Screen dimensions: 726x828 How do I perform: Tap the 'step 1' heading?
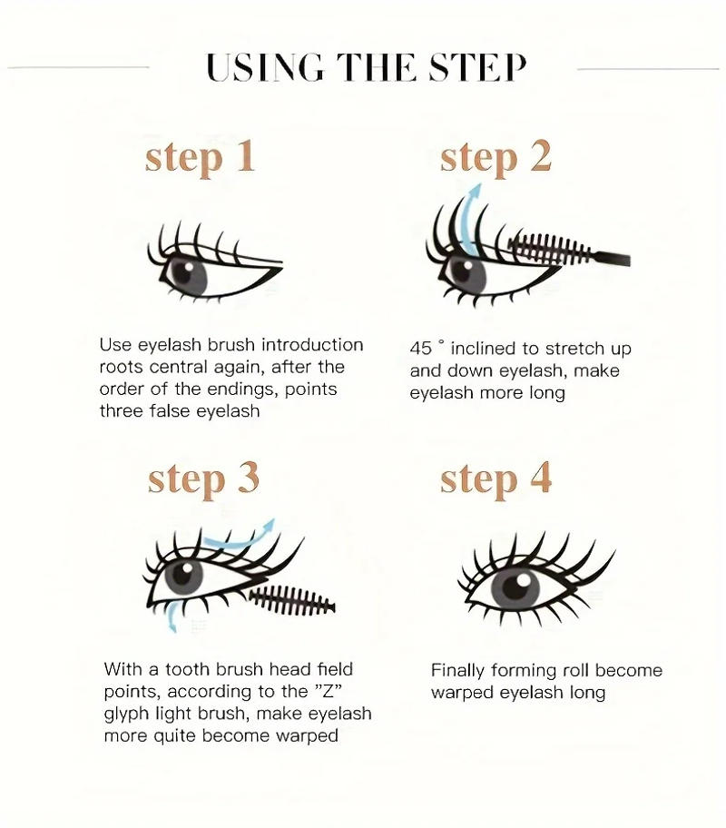point(200,157)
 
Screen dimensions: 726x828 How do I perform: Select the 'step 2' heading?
point(495,157)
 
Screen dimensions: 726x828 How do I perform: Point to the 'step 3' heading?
point(203,479)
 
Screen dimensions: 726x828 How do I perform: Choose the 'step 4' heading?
point(495,479)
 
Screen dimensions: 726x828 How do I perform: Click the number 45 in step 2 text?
point(422,350)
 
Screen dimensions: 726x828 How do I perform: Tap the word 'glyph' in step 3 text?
point(125,714)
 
